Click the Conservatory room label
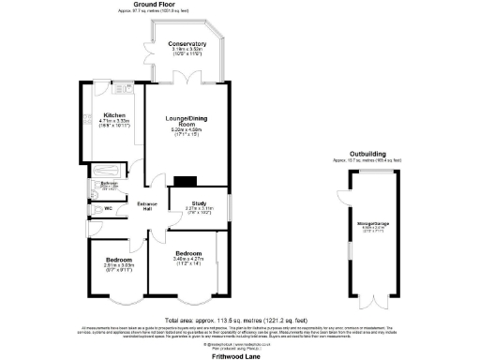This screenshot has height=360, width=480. click(x=187, y=44)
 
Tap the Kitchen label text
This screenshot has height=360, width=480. click(x=114, y=115)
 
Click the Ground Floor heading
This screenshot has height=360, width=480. click(x=156, y=5)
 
